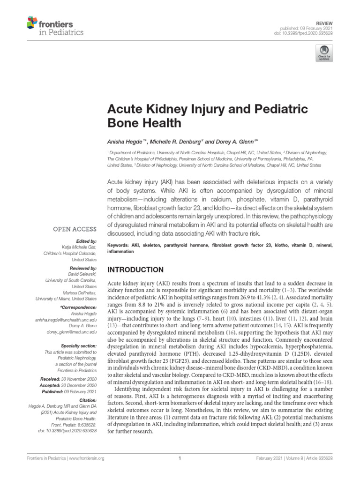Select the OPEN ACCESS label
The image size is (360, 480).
tap(75, 230)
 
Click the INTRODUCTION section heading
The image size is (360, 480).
tap(135, 270)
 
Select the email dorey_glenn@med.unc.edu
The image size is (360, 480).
tap(71, 331)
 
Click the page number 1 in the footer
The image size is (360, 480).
tap(180, 459)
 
